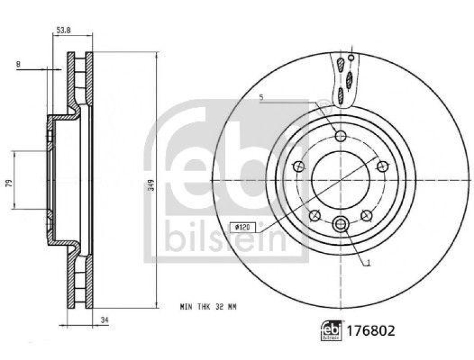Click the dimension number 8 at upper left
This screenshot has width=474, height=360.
click(x=20, y=64)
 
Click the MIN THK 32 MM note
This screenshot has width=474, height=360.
click(x=207, y=307)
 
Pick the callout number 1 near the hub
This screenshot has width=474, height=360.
click(x=369, y=265)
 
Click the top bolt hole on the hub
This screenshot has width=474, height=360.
click(x=340, y=137)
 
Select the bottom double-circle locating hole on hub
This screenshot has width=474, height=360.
click(x=340, y=223)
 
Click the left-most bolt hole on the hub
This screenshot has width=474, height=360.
click(x=299, y=168)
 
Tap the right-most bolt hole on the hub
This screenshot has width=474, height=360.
click(x=382, y=168)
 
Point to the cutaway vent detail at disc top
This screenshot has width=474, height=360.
click(x=343, y=79)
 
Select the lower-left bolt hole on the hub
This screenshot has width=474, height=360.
click(x=315, y=216)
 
